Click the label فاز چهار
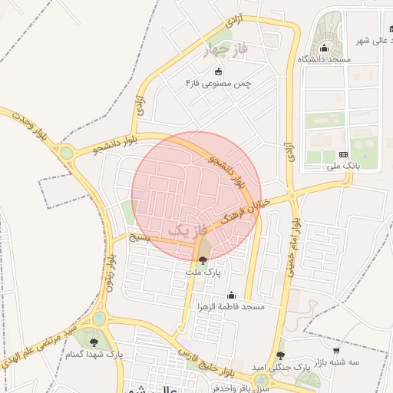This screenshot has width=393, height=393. coord(225,51)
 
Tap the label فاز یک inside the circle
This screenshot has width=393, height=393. coord(188,229)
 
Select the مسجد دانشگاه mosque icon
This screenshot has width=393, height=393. coord(324,48)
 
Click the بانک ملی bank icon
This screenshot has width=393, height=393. coord(343,154)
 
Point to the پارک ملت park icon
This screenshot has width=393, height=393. coord(203,260)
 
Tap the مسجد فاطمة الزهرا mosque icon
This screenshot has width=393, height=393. coord(231,295)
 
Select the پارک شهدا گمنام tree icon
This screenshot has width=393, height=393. coord(94,342)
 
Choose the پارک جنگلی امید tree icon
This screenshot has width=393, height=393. coord(280,355)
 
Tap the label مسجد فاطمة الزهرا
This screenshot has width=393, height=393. coord(231,306)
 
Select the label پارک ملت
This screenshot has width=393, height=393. coord(203,272)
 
